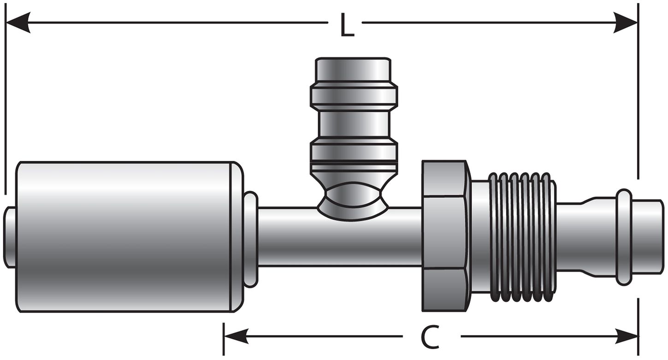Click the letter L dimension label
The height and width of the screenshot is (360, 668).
coord(347,27)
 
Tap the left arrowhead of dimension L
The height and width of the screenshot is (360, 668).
coord(18,22)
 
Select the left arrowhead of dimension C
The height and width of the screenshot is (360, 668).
coord(235,336)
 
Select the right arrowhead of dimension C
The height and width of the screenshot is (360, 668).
coord(627,336)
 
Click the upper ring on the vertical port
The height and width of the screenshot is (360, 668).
coord(354,95)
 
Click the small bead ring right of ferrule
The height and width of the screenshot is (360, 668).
coord(250,239)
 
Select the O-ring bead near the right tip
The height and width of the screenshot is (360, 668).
coord(624,237)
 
